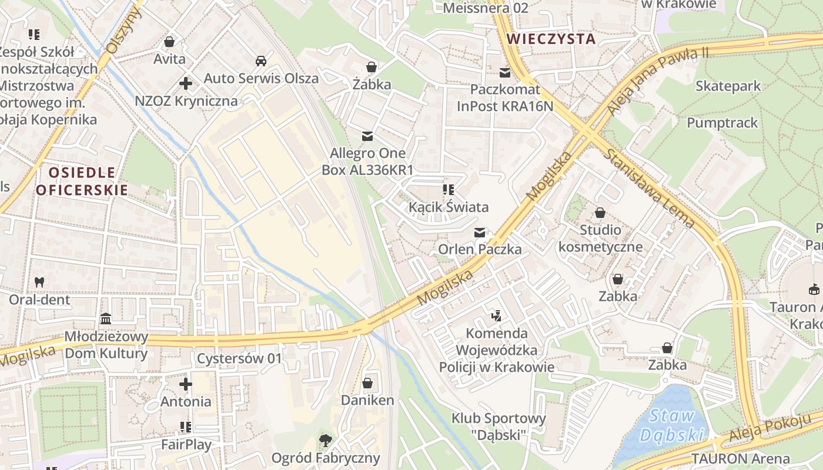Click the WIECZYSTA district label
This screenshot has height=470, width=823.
(551, 39)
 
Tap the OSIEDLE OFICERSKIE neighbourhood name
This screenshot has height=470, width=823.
(82, 181)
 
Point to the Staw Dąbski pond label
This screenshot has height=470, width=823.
(671, 426)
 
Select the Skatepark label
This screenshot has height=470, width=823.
(728, 86)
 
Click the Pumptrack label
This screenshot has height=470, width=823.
(722, 123)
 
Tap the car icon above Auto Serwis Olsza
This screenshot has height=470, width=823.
(260, 61)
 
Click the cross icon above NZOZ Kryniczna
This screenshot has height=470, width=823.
(186, 83)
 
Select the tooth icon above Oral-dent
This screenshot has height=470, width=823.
(39, 282)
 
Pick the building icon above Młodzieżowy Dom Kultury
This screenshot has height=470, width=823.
(106, 319)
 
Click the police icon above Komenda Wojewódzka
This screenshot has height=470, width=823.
(496, 316)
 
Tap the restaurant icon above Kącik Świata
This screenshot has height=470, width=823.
(449, 190)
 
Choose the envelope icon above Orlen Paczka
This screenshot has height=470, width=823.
(480, 233)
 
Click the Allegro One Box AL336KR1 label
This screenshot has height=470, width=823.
(367, 162)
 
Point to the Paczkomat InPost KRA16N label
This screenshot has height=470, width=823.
(505, 98)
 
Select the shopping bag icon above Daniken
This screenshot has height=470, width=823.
(367, 384)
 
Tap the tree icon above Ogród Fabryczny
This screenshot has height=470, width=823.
(325, 440)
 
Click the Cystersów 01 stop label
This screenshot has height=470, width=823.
(239, 358)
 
